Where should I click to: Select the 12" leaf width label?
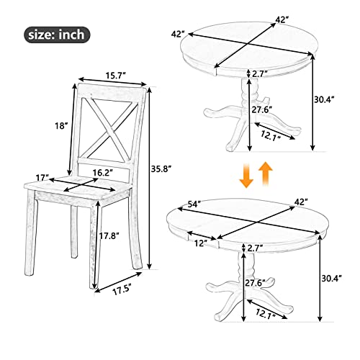point(200,243)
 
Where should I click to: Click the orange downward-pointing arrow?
point(246,175)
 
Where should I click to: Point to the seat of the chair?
point(79,189)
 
